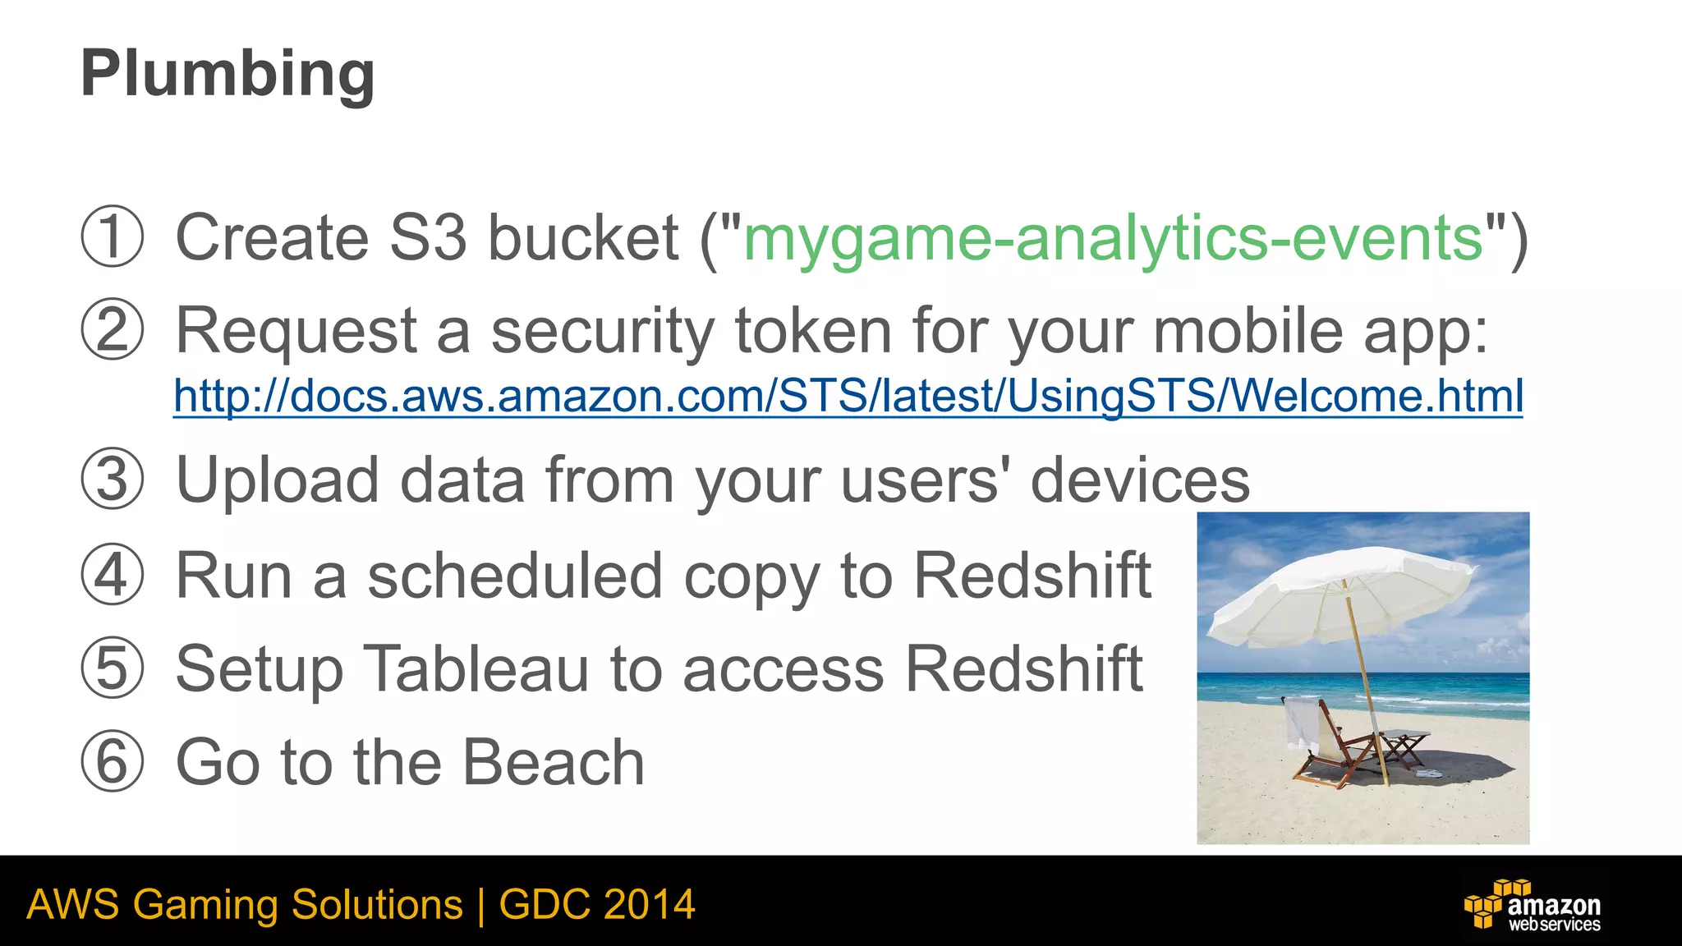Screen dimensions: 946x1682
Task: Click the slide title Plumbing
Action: coord(227,74)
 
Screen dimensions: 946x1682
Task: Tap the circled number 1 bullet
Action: coord(113,236)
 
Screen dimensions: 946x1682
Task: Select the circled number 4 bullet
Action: coord(113,576)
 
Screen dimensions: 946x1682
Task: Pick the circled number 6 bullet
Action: coord(113,762)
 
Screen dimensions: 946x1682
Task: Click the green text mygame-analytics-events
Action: coord(1113,238)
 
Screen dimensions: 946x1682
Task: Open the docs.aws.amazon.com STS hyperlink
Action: coord(848,396)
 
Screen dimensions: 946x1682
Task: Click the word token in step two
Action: coord(812,331)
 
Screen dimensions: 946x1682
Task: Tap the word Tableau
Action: coord(476,669)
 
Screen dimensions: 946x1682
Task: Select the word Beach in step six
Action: coord(553,762)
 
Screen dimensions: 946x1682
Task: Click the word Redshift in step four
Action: coord(1032,576)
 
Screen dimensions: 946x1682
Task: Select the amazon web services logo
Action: coord(1533,905)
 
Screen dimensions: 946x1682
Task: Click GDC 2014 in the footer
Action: coord(597,905)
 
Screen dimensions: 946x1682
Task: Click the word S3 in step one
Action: coord(427,238)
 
